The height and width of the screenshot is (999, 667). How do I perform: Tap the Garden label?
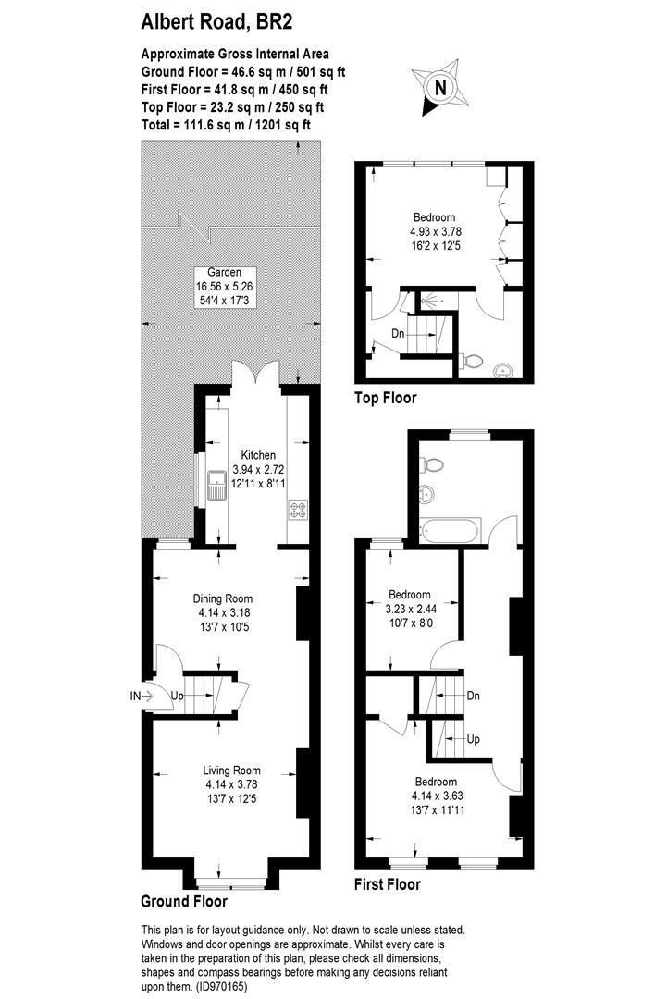(225, 272)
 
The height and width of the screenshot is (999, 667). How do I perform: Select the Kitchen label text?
(258, 455)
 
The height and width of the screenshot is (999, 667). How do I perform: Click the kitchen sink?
(216, 484)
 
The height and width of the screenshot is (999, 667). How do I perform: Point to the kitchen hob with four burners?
(299, 510)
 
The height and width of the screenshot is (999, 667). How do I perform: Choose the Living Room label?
(233, 771)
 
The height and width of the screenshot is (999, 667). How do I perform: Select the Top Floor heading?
(386, 399)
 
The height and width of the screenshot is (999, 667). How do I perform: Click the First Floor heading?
(388, 884)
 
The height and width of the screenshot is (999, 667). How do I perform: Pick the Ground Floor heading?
(183, 900)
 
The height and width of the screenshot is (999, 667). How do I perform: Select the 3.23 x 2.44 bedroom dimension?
(409, 608)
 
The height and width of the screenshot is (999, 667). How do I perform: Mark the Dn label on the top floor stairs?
(398, 333)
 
